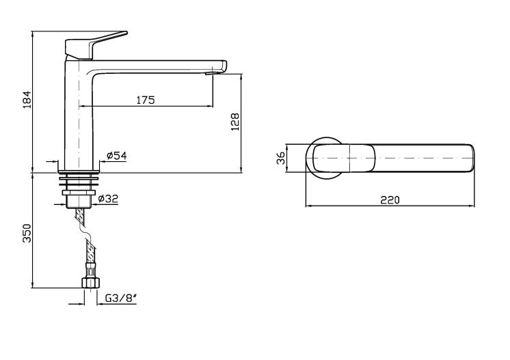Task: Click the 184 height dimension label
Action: [27, 100]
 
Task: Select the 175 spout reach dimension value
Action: [146, 100]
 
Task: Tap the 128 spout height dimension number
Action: [235, 122]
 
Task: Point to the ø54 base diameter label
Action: [116, 156]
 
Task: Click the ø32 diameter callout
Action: [108, 198]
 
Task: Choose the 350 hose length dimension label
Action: [27, 233]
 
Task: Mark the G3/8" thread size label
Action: [120, 298]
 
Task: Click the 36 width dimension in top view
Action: [281, 158]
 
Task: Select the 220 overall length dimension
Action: [390, 199]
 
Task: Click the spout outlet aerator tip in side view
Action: [210, 73]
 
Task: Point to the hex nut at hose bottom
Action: [90, 282]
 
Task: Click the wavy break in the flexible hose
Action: [85, 230]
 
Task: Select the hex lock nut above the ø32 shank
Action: [79, 193]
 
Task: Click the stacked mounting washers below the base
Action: [79, 180]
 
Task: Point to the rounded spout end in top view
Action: [472, 158]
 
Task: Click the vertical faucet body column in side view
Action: [79, 113]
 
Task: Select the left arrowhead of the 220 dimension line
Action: [308, 206]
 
